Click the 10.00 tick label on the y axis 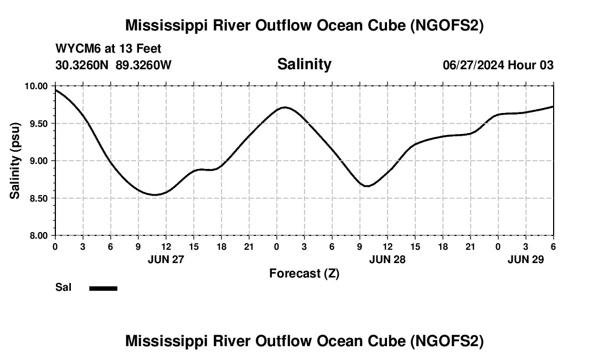pos(38,86)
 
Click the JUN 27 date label pos(166,259)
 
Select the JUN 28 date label pos(387,259)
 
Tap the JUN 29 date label pos(525,259)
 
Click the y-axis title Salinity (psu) pos(15,161)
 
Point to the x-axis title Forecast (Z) pos(304,273)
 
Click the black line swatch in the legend pos(103,288)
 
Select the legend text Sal pos(63,287)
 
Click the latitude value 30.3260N pos(83,65)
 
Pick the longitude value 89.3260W pos(144,65)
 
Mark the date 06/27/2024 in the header pos(473,65)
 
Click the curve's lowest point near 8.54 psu pos(156,194)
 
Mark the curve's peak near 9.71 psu pos(285,107)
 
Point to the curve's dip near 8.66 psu pos(368,186)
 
